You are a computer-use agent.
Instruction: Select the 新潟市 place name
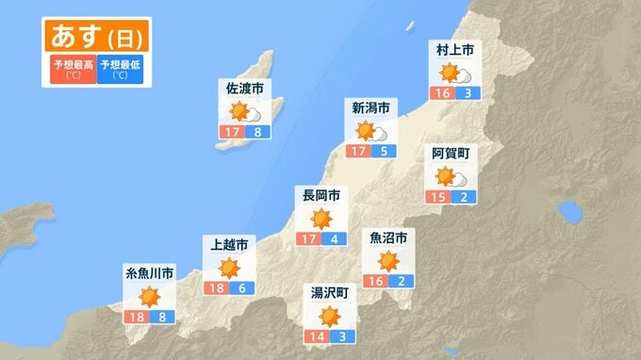click(370, 106)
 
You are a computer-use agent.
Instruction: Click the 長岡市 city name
click(319, 195)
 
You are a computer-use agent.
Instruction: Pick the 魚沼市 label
click(388, 237)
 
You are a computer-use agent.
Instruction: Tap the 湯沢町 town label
click(329, 292)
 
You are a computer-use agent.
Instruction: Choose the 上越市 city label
click(230, 244)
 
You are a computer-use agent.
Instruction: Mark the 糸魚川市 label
click(150, 274)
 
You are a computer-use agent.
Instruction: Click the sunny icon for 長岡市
click(320, 219)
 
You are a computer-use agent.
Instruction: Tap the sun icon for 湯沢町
click(329, 316)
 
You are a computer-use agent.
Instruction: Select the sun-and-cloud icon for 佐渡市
click(245, 112)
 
